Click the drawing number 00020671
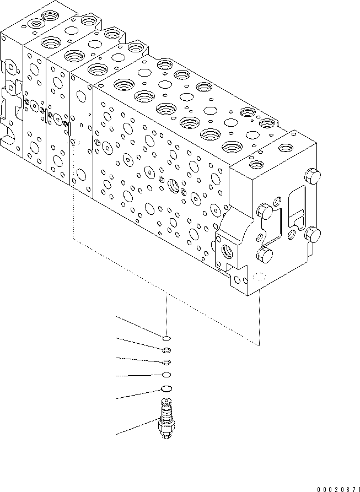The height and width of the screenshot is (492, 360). click(x=337, y=488)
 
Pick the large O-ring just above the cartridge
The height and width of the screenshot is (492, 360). click(x=166, y=390)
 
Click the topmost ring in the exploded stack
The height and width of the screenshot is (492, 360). click(x=166, y=338)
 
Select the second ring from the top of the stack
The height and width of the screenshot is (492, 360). click(x=166, y=350)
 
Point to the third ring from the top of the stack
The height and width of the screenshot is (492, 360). click(x=166, y=362)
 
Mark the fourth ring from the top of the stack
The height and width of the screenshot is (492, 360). click(x=166, y=375)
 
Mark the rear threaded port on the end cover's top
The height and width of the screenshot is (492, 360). click(x=285, y=147)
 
